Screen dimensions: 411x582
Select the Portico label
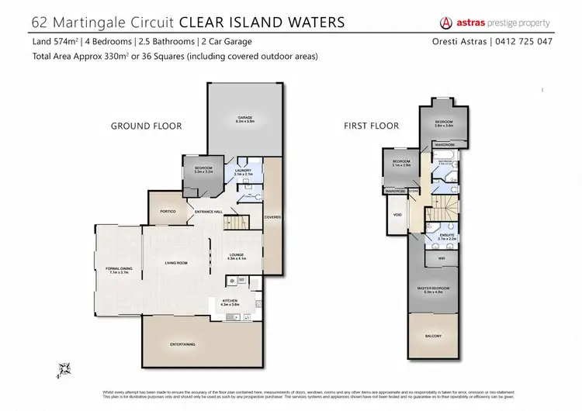(x=168, y=211)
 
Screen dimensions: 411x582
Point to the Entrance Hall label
(x=209, y=212)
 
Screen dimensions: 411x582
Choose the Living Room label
(x=177, y=264)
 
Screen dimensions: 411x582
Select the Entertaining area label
(x=183, y=344)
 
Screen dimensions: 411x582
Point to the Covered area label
(x=273, y=217)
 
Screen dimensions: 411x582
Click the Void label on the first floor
(x=397, y=215)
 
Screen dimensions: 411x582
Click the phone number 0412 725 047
(x=528, y=41)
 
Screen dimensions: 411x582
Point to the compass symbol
(x=65, y=368)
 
